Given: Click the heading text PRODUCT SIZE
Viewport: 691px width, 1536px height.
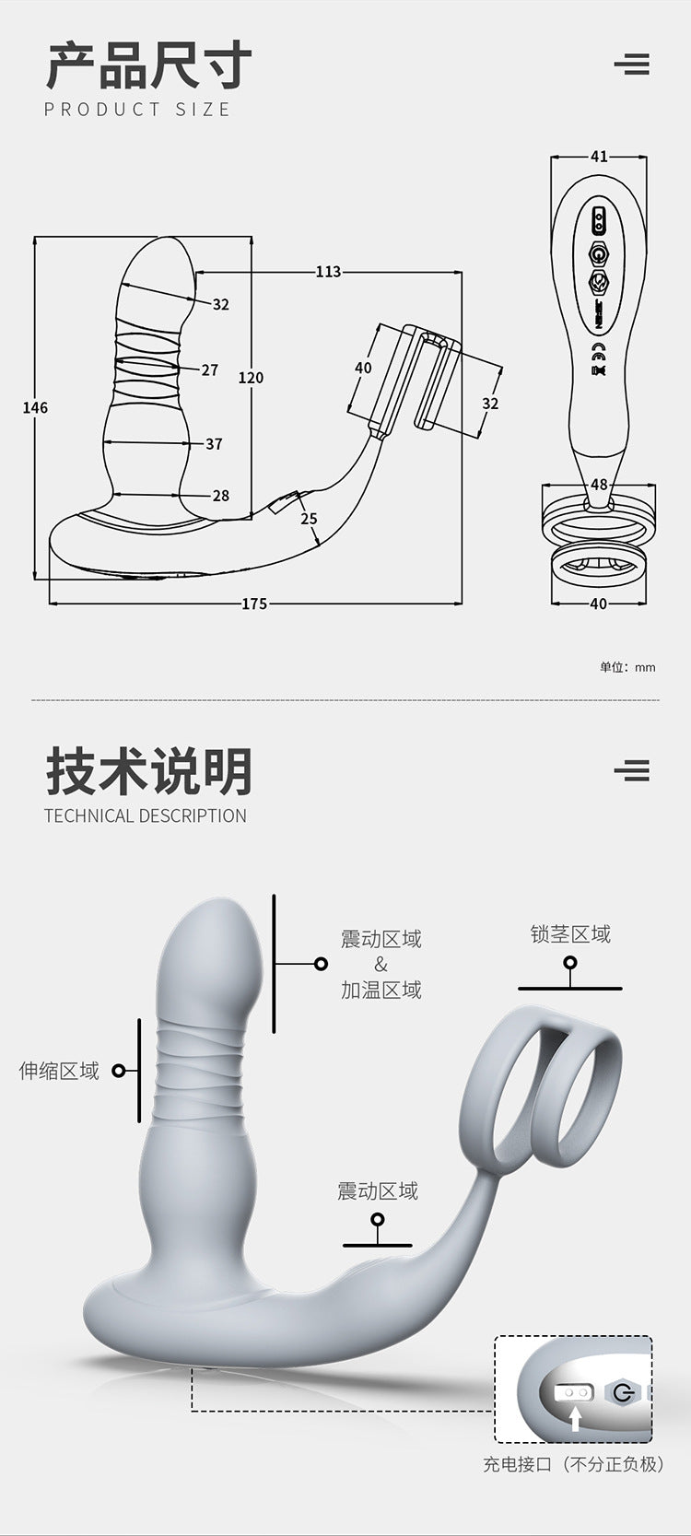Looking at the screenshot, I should (x=137, y=110).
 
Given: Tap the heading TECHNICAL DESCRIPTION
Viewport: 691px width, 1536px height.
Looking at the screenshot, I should (x=146, y=815).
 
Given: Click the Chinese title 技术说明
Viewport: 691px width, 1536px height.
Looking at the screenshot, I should (x=148, y=771).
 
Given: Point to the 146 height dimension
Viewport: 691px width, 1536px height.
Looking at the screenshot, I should (x=35, y=407).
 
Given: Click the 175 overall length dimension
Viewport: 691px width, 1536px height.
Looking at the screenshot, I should (x=254, y=604).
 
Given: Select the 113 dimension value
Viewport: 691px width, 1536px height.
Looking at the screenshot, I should (x=328, y=272).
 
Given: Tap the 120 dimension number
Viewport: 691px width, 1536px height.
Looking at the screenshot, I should (x=251, y=377).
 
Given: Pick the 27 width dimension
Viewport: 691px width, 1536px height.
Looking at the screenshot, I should (x=210, y=369).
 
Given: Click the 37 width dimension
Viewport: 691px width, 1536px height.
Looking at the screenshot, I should (x=214, y=444).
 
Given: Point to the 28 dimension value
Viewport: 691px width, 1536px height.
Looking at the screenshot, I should (x=221, y=496).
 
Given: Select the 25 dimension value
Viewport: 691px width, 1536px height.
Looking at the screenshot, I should (x=309, y=519).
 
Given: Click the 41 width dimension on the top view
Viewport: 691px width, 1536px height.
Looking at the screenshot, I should (x=599, y=157).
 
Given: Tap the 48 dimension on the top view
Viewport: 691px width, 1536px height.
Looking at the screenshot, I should (x=599, y=485).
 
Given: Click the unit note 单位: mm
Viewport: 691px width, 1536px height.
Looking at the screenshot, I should (x=627, y=667).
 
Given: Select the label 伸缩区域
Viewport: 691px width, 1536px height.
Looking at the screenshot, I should (x=59, y=1071).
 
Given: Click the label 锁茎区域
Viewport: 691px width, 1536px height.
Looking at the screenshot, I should (x=570, y=934).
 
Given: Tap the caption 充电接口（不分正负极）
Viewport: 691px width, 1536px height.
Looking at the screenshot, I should (x=573, y=1464).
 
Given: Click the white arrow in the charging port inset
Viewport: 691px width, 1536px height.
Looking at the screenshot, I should (x=575, y=1418).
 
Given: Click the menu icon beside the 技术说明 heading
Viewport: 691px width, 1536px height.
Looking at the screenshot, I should (x=632, y=770).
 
